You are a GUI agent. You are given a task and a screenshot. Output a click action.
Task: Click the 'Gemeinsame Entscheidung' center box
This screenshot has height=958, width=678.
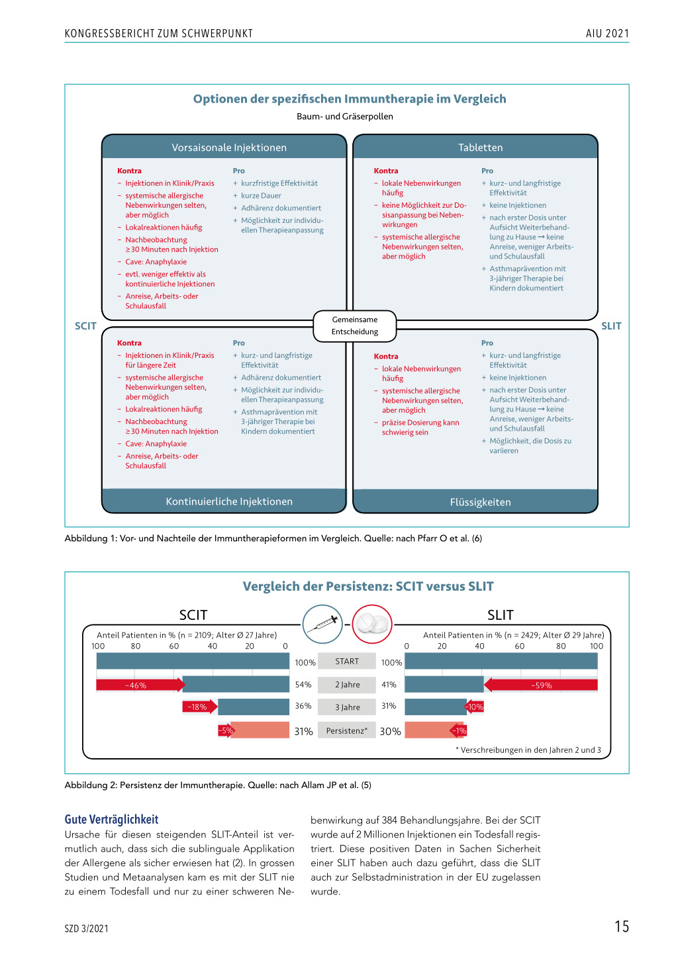point(354,326)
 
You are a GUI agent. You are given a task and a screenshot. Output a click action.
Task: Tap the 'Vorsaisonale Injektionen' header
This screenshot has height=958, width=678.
point(229,148)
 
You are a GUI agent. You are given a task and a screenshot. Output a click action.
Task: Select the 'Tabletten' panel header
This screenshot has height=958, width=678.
point(480,148)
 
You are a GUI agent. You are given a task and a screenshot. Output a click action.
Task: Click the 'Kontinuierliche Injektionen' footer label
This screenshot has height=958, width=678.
point(229,501)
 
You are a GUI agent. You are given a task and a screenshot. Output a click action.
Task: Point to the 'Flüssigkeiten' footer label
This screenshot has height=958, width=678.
point(480,502)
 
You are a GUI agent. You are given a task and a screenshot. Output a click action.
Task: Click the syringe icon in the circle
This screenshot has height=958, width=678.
point(322,624)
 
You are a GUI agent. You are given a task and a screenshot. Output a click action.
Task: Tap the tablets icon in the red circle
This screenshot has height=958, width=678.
point(372,624)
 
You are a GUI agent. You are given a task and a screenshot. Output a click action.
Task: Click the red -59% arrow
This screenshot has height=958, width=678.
point(540,685)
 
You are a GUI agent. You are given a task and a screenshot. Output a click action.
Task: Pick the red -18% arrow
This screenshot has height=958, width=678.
point(200,707)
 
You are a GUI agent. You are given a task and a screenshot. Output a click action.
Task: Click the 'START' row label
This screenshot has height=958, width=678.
point(347,661)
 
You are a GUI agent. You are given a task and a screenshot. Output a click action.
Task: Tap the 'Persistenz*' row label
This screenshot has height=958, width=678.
point(347,730)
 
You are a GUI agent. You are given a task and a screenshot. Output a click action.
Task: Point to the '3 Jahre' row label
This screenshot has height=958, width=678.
point(347,707)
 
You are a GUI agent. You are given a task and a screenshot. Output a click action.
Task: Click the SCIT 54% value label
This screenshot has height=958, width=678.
point(303,684)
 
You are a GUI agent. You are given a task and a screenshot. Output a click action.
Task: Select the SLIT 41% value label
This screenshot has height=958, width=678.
point(389,684)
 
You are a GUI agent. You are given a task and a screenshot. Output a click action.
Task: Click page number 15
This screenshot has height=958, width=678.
point(622,926)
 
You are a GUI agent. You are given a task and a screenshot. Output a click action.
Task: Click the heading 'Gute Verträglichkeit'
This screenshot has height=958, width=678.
point(111,819)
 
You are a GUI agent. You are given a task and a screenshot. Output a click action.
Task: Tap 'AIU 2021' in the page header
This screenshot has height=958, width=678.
point(607,33)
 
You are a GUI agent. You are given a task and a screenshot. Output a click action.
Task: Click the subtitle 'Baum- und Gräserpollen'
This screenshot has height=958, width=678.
point(344,116)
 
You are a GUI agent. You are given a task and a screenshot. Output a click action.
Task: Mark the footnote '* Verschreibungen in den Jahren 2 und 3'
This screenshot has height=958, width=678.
point(528,750)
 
